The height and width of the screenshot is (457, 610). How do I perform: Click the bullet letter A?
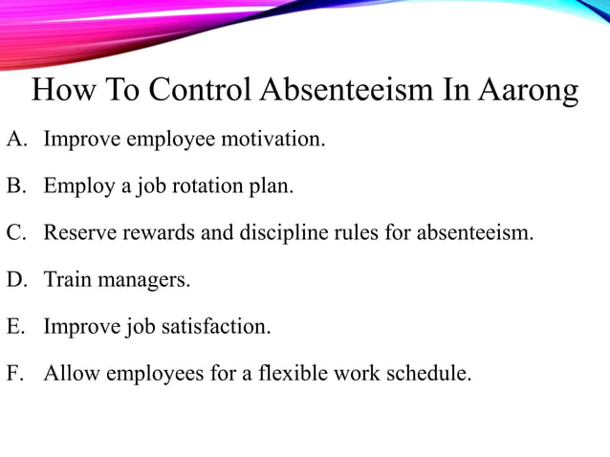pyautogui.click(x=14, y=141)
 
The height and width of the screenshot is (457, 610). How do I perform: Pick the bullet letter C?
pyautogui.click(x=14, y=233)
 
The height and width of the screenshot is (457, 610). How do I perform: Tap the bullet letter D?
pyautogui.click(x=14, y=280)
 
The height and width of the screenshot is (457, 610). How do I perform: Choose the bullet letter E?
pyautogui.click(x=14, y=327)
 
